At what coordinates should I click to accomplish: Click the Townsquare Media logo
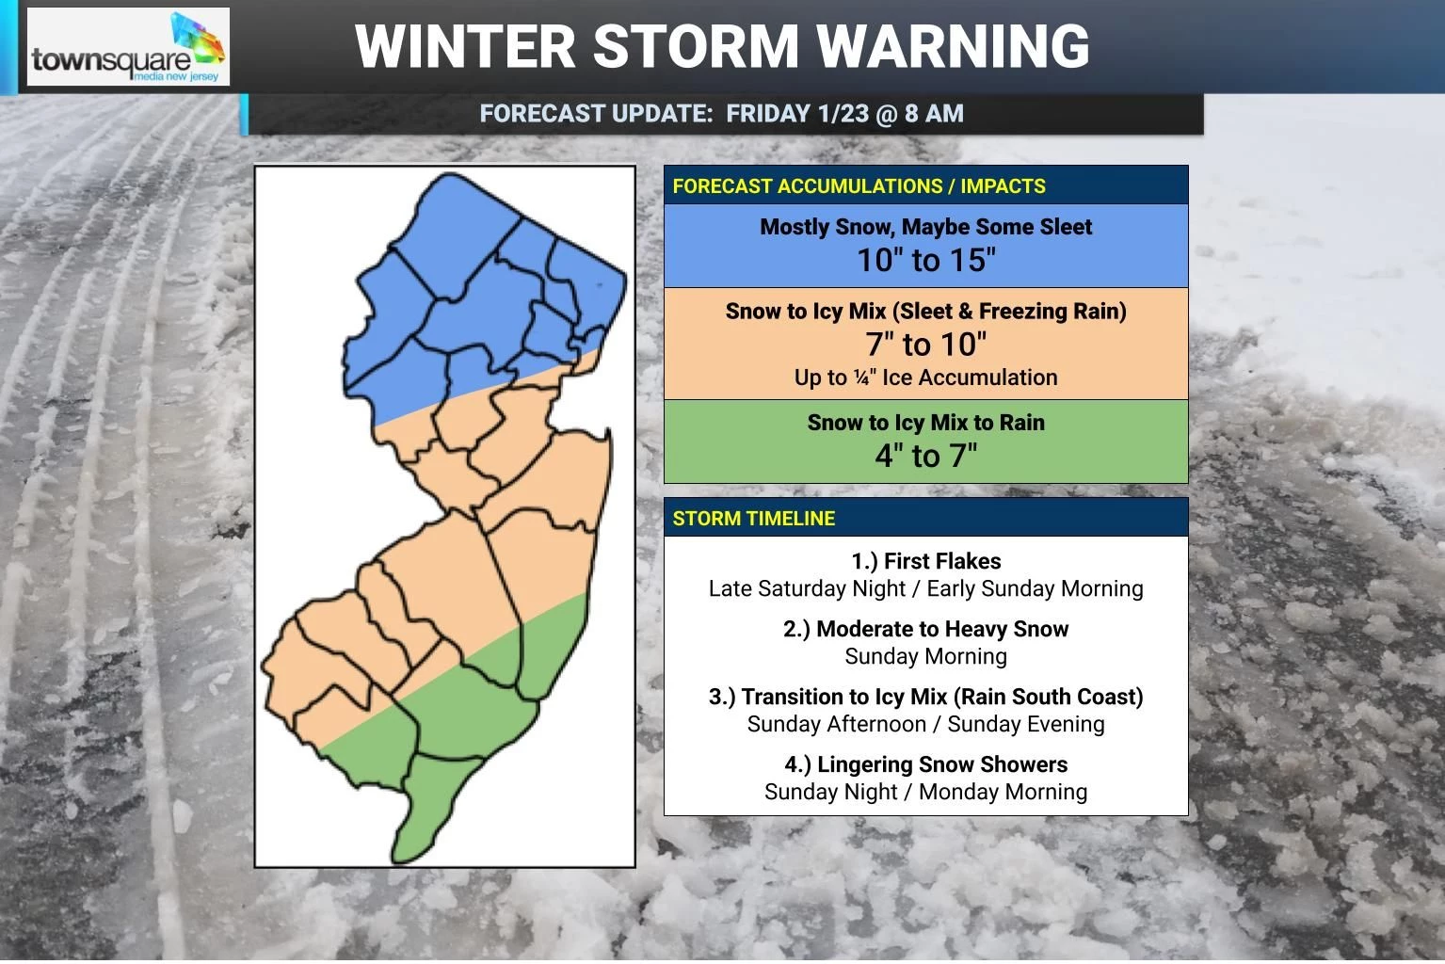128,47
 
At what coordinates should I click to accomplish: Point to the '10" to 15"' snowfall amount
925,261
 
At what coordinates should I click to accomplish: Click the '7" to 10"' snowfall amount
925,345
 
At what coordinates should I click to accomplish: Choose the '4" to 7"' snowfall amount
925,456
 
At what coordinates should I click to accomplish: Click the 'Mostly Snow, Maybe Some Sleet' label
925,227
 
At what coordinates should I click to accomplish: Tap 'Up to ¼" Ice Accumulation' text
925,378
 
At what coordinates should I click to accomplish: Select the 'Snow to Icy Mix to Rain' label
925,423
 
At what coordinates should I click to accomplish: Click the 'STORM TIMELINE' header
753,519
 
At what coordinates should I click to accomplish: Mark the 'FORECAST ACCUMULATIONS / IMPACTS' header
859,186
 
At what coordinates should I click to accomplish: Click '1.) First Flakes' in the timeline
925,561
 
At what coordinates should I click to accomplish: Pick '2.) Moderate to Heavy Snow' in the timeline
925,629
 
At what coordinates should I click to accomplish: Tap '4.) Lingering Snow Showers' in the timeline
925,764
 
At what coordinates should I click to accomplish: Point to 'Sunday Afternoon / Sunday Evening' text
925,724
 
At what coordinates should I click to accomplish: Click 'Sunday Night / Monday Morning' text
925,792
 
